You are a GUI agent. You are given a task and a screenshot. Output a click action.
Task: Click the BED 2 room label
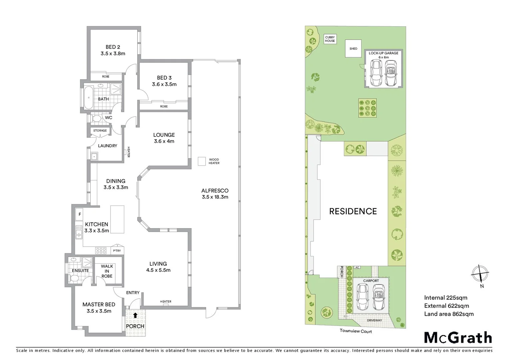tap(113, 47)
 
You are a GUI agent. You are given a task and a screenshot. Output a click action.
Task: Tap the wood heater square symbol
tap(202, 161)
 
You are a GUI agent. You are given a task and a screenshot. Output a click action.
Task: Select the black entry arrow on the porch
tap(135, 315)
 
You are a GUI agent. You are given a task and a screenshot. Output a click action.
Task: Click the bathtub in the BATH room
tap(88, 97)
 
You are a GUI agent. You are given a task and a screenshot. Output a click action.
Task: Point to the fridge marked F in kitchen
tap(80, 214)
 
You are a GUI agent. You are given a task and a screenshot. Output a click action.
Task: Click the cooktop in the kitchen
tap(101, 250)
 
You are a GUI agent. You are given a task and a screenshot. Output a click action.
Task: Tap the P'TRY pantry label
tap(117, 251)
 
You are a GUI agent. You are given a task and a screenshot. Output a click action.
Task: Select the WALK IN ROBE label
tap(107, 271)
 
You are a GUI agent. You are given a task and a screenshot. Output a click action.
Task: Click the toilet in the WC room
tap(96, 118)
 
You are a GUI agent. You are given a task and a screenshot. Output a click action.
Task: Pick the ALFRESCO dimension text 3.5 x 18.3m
tap(215, 197)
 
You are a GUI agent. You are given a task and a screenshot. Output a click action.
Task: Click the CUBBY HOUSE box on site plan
tap(330, 39)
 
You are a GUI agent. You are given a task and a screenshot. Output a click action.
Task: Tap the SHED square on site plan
tap(353, 49)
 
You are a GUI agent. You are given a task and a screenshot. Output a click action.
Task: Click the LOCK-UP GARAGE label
tap(383, 53)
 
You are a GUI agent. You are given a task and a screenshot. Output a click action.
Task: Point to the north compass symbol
tap(480, 273)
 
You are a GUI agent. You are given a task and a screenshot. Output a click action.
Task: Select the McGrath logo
tap(458, 338)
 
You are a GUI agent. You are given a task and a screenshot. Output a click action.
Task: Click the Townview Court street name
tap(356, 331)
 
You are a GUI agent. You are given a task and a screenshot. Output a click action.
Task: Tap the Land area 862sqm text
tap(449, 314)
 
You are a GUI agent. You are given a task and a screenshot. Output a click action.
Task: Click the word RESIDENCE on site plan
tap(353, 211)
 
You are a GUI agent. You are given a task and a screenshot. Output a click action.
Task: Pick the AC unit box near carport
tap(357, 267)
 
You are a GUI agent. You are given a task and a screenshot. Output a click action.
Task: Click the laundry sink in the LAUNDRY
tap(94, 156)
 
